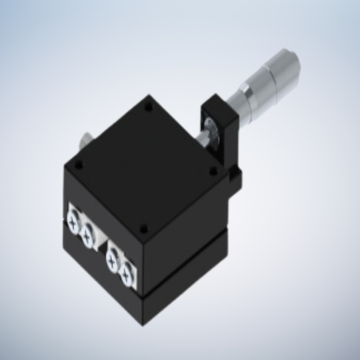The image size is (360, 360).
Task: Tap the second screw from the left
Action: click(87, 232)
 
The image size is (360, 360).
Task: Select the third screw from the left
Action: click(113, 259)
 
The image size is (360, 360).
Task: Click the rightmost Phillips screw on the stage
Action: click(126, 274)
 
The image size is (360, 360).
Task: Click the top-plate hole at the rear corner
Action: click(149, 107)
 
